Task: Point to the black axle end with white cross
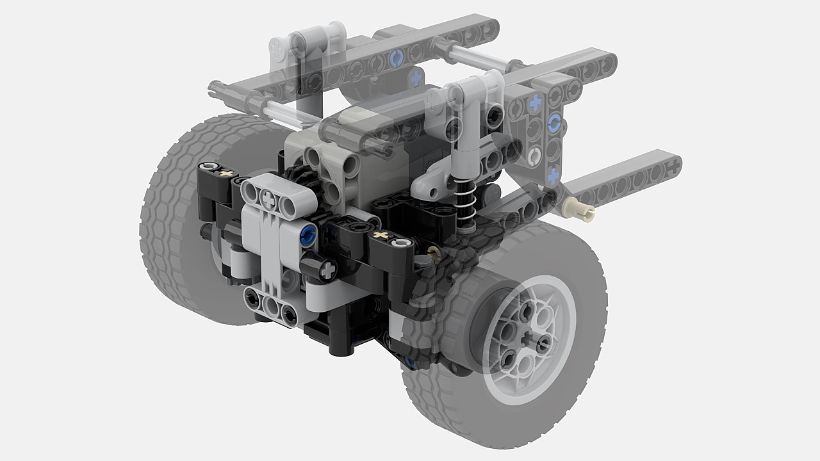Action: point(328,271)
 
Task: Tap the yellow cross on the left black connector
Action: point(225,172)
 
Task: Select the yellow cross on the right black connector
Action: point(382,237)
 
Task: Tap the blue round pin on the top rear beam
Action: point(395,59)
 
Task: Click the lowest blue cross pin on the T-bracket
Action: point(553,173)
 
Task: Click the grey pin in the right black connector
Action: point(402,243)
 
